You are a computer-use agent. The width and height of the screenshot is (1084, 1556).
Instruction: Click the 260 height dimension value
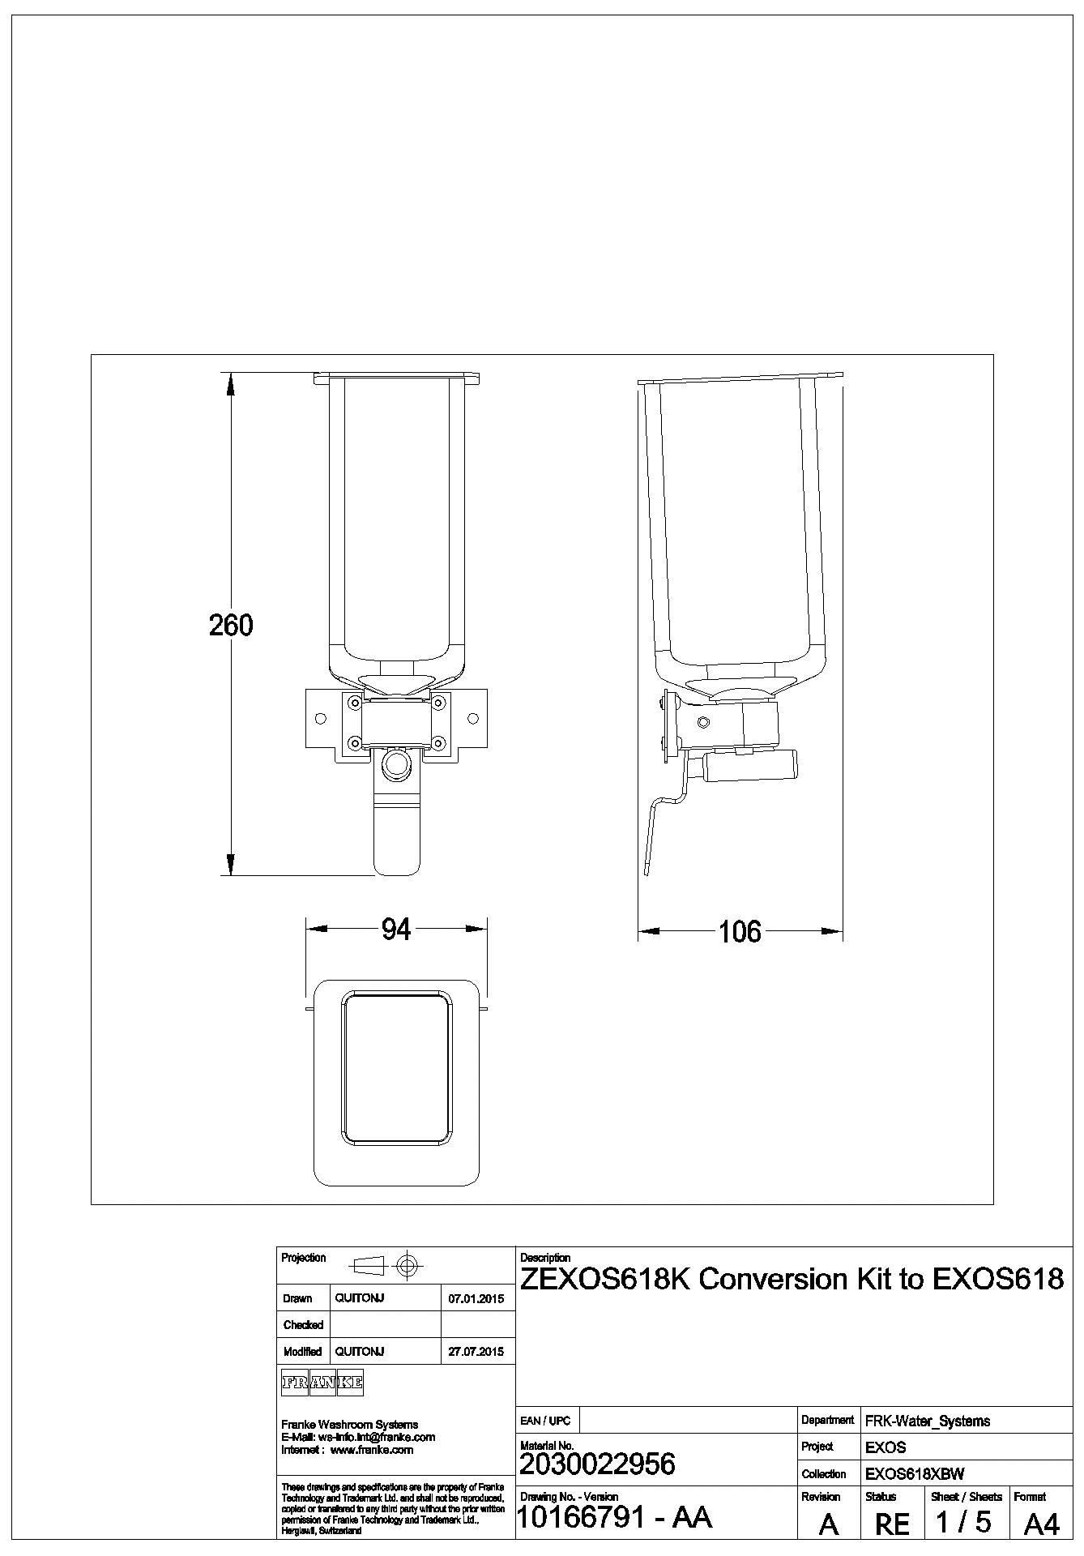(231, 625)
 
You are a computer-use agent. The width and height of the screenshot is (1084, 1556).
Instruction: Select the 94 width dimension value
(396, 930)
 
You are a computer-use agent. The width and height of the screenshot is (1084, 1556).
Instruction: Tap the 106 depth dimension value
(740, 932)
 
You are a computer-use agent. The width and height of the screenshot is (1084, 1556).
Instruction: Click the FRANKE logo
(322, 1383)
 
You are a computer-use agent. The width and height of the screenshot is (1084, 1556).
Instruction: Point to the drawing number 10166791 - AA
(613, 1517)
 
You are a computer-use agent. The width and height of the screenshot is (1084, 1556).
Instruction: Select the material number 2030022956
(597, 1464)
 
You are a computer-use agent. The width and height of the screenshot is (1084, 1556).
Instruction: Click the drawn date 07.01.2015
(476, 1299)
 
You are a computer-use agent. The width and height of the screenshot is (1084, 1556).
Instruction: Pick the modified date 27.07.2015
(476, 1352)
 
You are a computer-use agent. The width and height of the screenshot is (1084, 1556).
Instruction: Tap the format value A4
(1041, 1524)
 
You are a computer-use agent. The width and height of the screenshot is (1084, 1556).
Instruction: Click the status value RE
(892, 1524)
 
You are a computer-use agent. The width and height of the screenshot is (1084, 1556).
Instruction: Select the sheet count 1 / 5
(963, 1522)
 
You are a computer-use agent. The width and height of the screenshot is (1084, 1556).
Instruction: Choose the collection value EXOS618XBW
(915, 1474)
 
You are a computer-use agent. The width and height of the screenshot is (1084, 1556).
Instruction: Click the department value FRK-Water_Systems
(928, 1421)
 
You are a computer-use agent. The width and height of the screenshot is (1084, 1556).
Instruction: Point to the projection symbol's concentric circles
(408, 1265)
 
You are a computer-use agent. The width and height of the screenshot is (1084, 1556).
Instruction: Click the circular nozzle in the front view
(396, 763)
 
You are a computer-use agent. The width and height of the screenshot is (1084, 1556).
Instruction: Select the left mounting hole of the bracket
(321, 719)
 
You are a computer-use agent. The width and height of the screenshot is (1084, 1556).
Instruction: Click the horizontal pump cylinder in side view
(750, 766)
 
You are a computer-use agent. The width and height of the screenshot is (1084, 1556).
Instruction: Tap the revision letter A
(828, 1525)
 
